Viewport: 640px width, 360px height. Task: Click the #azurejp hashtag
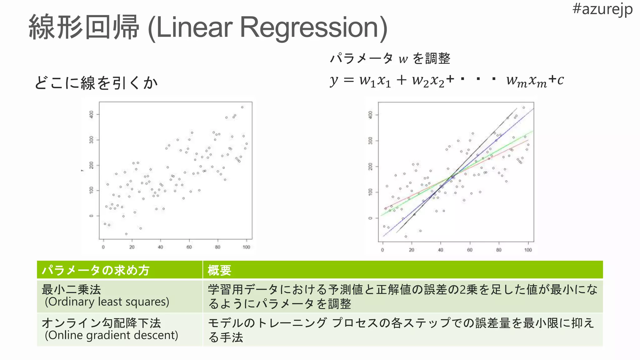(602, 9)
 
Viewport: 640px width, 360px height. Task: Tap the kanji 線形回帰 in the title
(84, 27)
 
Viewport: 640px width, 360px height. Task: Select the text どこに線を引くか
(96, 83)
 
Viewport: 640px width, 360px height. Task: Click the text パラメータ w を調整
(390, 58)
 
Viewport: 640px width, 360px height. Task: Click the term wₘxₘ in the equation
(527, 81)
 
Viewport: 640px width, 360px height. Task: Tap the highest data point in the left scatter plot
(242, 107)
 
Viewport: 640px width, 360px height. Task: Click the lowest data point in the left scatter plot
(126, 234)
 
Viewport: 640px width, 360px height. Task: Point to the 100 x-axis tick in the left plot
(246, 247)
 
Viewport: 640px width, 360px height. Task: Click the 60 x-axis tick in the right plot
(470, 250)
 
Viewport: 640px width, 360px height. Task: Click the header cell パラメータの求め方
(96, 270)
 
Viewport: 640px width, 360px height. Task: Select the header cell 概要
(219, 270)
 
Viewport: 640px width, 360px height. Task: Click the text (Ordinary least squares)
(107, 302)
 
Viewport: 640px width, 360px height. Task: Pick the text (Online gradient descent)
(111, 335)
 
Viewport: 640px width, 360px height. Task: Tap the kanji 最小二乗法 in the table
(72, 289)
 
